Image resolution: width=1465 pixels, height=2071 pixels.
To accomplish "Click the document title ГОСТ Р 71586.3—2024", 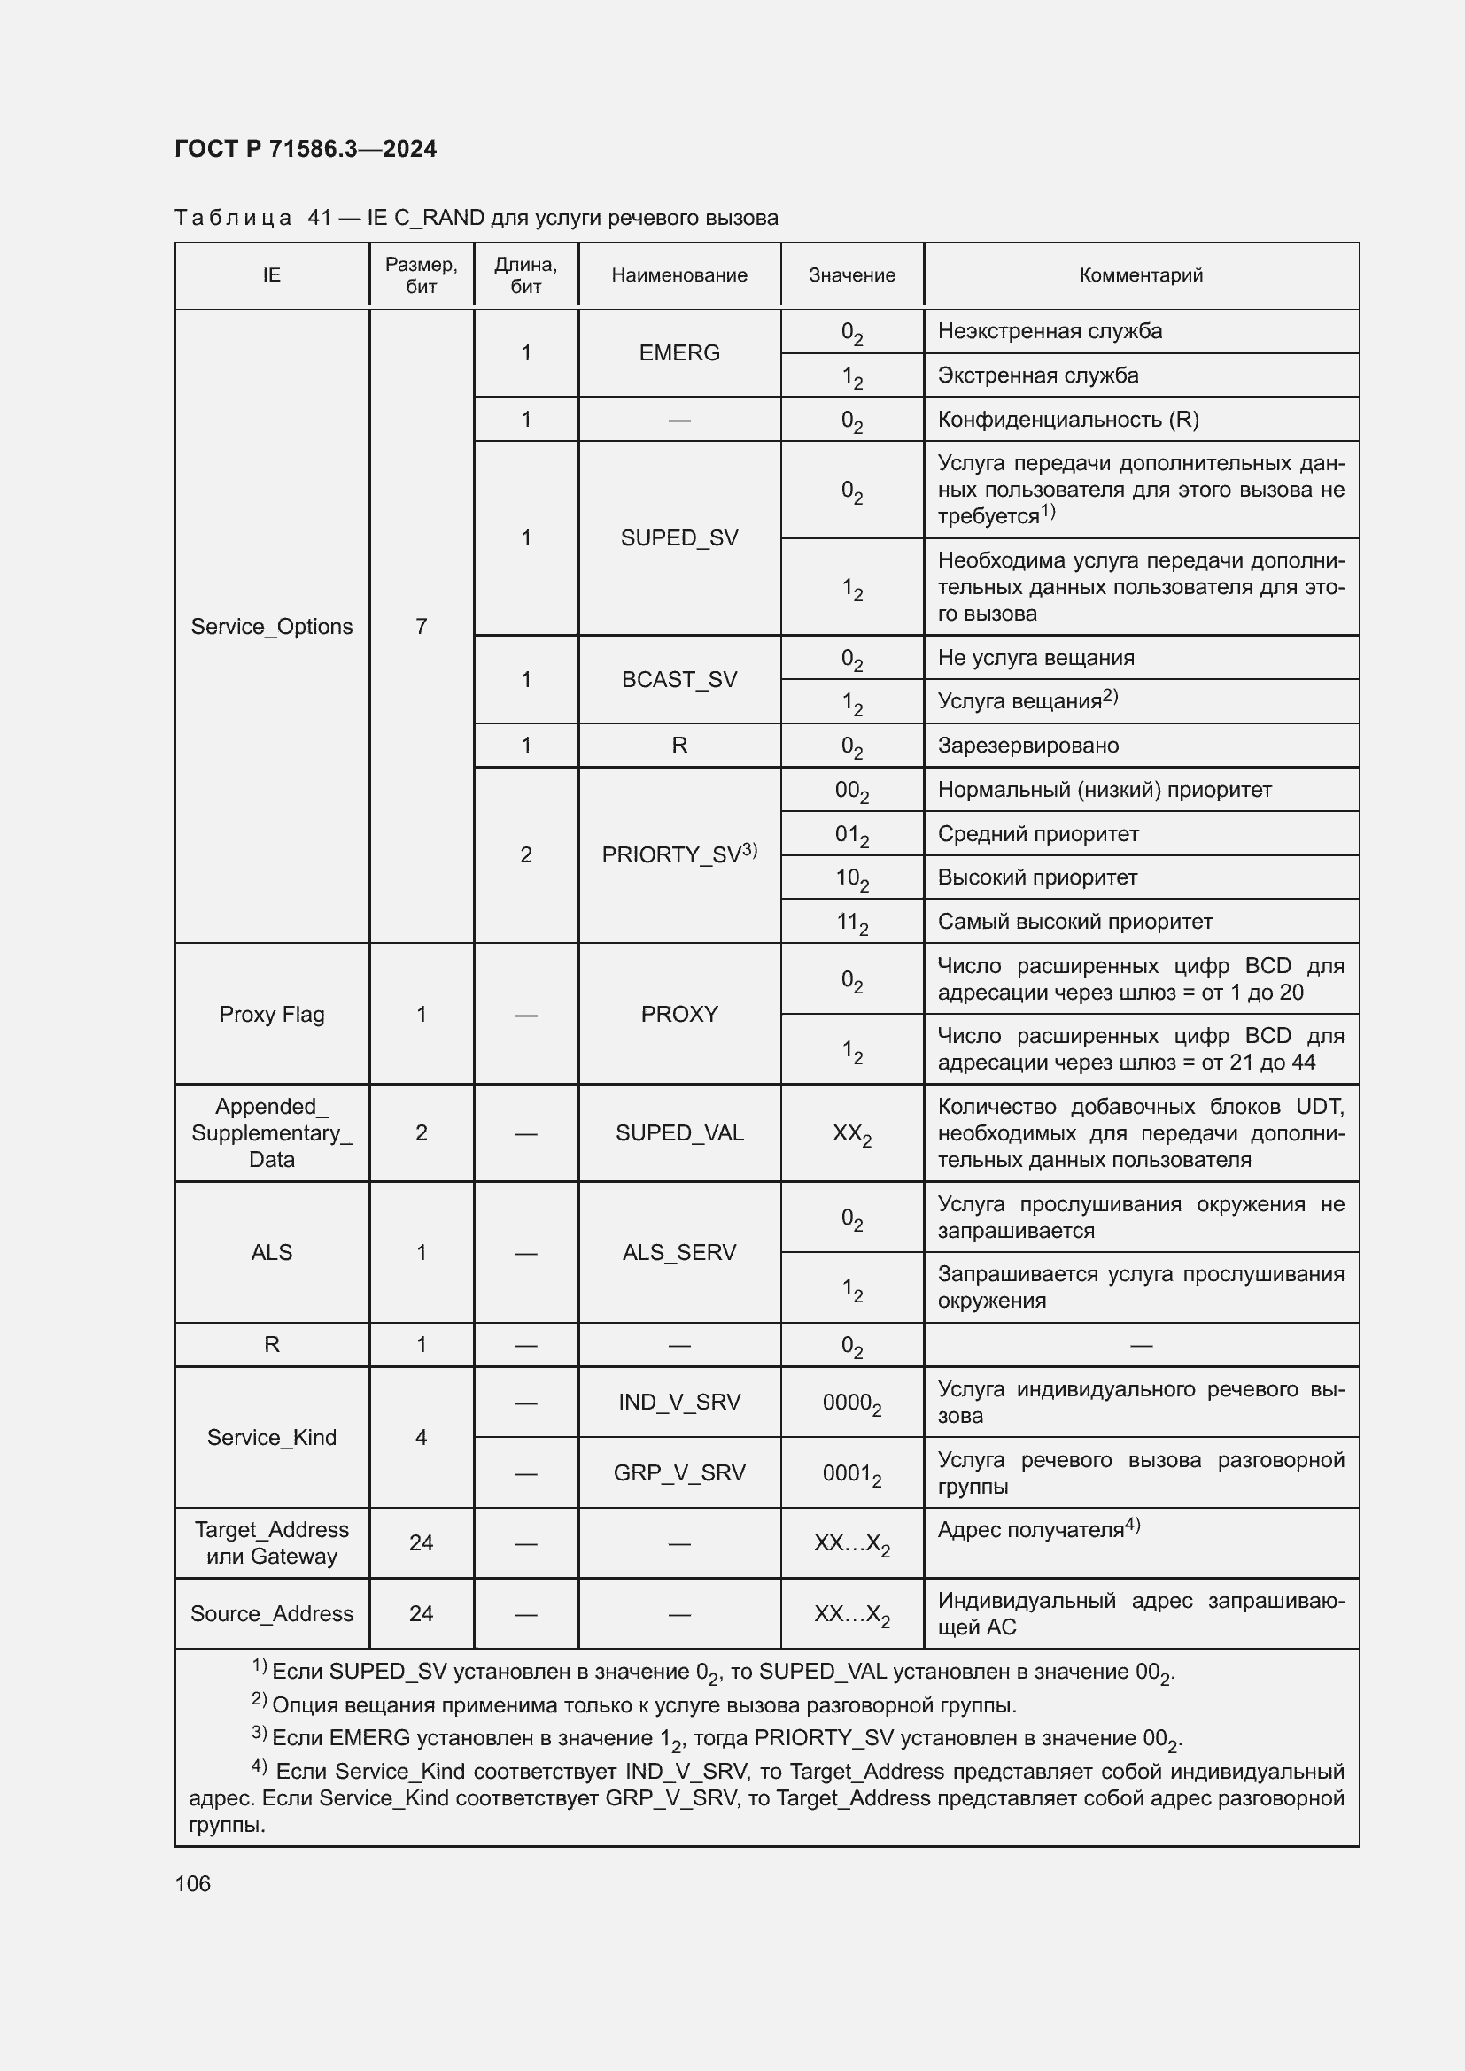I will point(305,149).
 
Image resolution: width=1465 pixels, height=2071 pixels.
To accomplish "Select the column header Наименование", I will point(679,275).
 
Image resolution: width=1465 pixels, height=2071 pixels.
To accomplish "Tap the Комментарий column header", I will point(1140,275).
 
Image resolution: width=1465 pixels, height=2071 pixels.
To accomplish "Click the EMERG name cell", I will point(679,352).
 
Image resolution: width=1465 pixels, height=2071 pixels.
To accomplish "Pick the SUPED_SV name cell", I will point(679,537).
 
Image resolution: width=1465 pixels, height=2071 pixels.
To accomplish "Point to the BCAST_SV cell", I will point(679,679).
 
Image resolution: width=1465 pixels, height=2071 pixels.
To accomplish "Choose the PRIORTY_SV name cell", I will point(679,854).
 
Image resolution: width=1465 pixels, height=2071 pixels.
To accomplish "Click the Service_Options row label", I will point(272,626).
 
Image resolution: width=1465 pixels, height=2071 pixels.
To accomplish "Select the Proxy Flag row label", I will point(272,1014).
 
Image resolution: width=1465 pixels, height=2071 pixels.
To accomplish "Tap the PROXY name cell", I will point(679,1014).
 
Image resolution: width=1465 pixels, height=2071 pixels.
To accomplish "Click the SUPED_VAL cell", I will point(679,1133).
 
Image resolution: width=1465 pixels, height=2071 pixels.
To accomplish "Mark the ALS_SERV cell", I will point(679,1252).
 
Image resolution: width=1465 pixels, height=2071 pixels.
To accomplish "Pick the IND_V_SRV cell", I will point(679,1402).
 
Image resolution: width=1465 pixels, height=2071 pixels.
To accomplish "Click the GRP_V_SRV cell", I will point(679,1472).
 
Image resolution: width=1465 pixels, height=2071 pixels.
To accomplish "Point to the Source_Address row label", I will point(272,1614).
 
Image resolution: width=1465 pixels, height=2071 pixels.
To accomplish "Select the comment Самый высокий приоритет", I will point(1074,921).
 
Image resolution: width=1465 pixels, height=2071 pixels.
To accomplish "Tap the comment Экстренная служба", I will point(1037,375).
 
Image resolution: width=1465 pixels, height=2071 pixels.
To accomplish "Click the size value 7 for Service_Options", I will point(422,626).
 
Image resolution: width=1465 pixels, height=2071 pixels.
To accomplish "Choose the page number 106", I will point(193,1883).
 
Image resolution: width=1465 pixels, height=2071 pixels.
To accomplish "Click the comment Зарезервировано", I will point(1027,745).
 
